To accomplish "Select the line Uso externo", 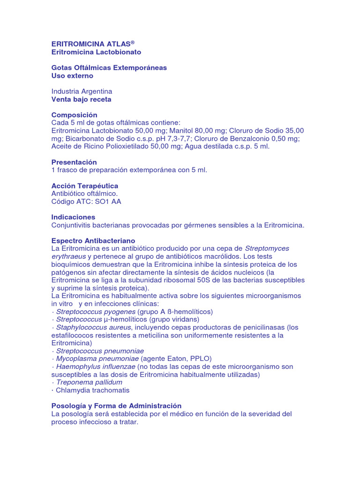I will click(72, 75).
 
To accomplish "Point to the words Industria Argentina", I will click(82, 91).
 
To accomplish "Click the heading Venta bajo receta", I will click(81, 99).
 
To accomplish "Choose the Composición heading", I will click(74, 115).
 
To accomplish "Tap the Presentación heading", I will click(74, 162).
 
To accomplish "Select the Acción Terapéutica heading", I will click(84, 186).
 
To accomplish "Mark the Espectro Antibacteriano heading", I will click(93, 240).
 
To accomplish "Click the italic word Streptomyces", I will click(267, 248).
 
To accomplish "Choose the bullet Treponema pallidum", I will click(89, 382).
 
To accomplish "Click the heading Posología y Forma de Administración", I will click(116, 405).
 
